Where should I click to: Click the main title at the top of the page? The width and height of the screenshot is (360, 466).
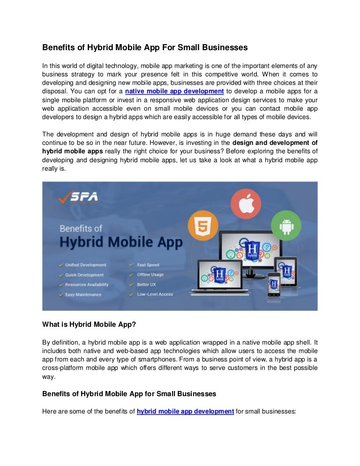[x=145, y=47]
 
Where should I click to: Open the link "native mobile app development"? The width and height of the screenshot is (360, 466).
[x=174, y=91]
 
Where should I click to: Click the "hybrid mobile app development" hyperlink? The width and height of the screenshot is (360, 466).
[x=185, y=411]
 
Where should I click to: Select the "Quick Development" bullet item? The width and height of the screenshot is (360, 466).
[x=84, y=275]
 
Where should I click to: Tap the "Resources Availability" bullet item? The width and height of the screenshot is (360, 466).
[x=86, y=285]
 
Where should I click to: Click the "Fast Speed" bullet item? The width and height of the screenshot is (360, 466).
[x=148, y=265]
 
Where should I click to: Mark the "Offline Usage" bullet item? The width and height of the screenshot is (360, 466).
[x=150, y=275]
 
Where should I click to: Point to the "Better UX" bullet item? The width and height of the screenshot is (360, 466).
[x=146, y=285]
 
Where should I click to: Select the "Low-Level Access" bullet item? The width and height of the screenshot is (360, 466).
[x=155, y=294]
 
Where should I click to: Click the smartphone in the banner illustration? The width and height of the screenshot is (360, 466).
[x=274, y=284]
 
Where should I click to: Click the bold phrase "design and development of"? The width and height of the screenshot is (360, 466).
[x=275, y=143]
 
